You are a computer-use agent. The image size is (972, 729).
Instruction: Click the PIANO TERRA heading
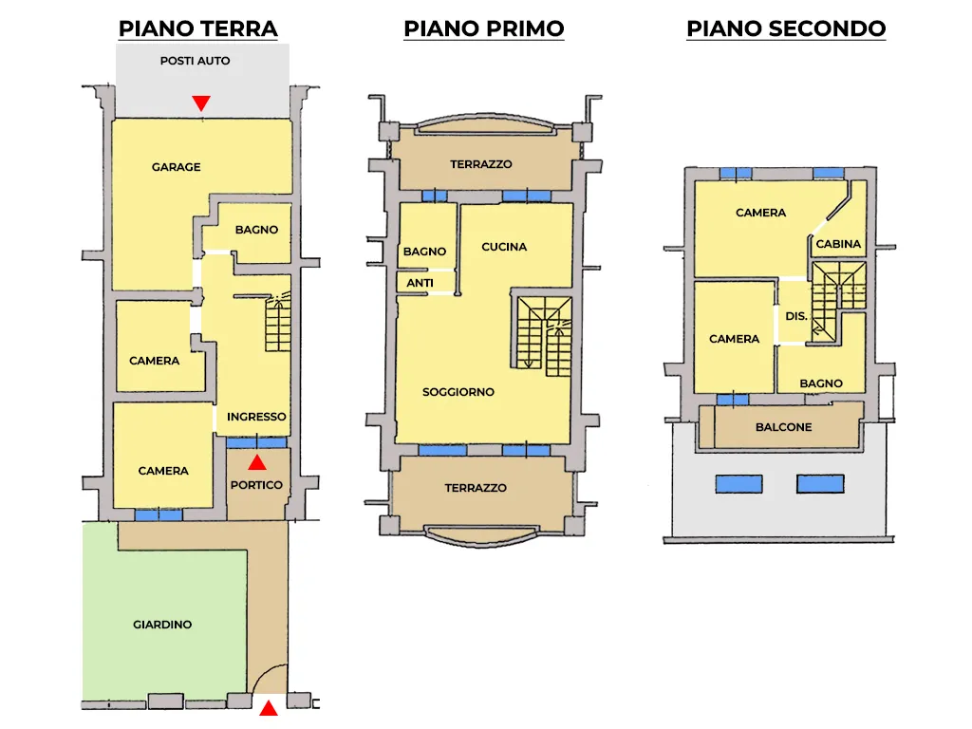[197, 28]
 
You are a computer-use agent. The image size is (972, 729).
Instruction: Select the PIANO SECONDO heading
[786, 28]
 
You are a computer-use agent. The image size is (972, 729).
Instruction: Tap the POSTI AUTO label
[196, 61]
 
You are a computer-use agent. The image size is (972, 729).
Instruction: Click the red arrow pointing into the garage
[201, 103]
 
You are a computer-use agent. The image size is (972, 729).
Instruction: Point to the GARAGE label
[176, 167]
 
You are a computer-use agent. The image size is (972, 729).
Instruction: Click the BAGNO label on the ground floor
[256, 230]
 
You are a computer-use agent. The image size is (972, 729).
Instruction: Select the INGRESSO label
[256, 417]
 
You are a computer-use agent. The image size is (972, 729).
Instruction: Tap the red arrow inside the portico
[257, 462]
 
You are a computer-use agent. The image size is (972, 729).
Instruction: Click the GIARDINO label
[162, 625]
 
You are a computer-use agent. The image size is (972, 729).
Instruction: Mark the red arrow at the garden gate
[269, 708]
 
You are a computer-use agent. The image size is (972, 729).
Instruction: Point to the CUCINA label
[504, 247]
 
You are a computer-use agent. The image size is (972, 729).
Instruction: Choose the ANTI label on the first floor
[420, 283]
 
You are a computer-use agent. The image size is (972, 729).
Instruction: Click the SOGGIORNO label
[458, 392]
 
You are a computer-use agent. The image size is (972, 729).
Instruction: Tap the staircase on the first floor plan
[544, 337]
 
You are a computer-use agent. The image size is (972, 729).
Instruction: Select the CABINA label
[838, 244]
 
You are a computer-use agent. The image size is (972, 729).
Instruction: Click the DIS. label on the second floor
[796, 316]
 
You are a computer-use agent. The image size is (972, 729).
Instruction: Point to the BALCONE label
[783, 427]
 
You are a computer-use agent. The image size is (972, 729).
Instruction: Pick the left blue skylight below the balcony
[738, 483]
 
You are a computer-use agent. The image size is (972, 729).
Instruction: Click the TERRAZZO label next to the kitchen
[481, 164]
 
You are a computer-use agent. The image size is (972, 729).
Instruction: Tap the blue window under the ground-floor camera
[159, 514]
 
